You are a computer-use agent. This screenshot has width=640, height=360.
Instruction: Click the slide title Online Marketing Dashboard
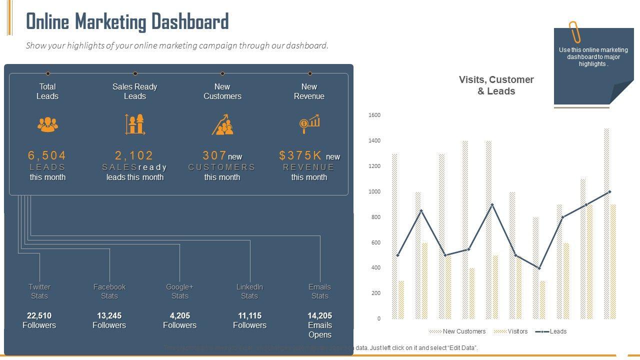(127, 22)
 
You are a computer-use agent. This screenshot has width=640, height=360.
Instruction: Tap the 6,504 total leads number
(47, 155)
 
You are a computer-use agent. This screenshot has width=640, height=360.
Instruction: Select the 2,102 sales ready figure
(134, 155)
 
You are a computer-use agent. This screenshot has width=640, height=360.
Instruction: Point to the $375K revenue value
(301, 155)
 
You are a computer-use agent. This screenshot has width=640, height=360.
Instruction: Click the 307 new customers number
(214, 155)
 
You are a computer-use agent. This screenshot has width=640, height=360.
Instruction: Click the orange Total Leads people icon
(47, 124)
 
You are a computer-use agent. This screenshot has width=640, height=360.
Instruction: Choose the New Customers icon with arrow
(222, 124)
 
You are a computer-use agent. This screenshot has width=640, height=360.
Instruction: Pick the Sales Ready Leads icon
(135, 124)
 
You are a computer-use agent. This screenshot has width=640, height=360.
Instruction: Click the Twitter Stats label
(39, 291)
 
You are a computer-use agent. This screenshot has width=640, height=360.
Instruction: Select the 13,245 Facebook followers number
(109, 315)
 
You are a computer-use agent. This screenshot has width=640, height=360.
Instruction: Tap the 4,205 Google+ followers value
(179, 315)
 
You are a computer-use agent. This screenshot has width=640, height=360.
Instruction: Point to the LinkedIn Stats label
(249, 291)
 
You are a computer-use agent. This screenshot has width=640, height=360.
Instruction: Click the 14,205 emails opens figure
(319, 315)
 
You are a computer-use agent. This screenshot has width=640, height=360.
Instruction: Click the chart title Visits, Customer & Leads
(496, 85)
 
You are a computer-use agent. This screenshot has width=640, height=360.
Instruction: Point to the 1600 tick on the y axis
(374, 115)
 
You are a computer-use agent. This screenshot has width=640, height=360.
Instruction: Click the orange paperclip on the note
(574, 32)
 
